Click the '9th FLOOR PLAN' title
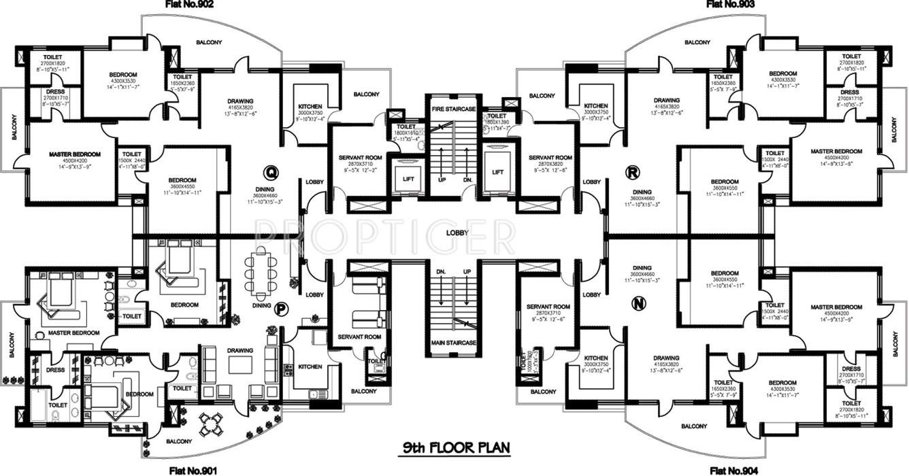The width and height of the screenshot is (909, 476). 454,448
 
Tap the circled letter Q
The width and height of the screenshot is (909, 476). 271,171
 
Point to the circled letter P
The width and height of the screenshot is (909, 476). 280,309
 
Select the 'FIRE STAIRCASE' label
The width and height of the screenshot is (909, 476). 449,109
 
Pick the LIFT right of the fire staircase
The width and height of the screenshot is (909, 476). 497,172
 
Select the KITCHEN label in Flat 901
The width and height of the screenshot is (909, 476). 310,367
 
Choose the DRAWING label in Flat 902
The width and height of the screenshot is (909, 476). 241,102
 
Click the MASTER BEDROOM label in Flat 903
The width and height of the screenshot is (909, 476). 836,151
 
